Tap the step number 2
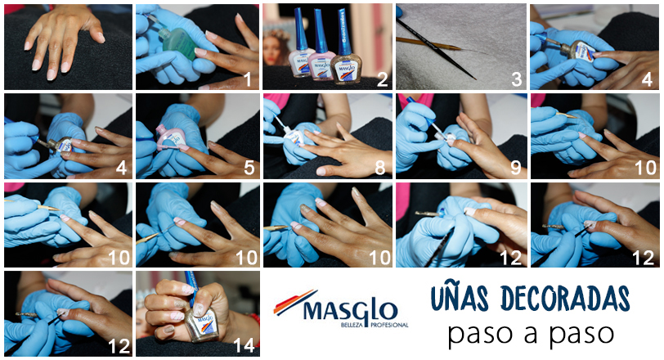point(382,79)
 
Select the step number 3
point(516,79)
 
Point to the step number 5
point(249,168)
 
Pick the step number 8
point(380,168)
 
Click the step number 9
point(515,168)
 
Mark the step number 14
point(244,345)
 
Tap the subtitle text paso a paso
point(531,334)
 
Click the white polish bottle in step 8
point(294,136)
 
